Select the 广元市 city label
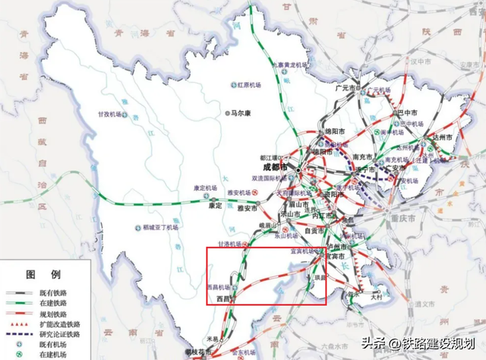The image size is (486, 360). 347,87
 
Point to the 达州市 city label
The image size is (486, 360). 443,137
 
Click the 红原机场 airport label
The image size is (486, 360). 251,85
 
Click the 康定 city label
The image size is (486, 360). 215,205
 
